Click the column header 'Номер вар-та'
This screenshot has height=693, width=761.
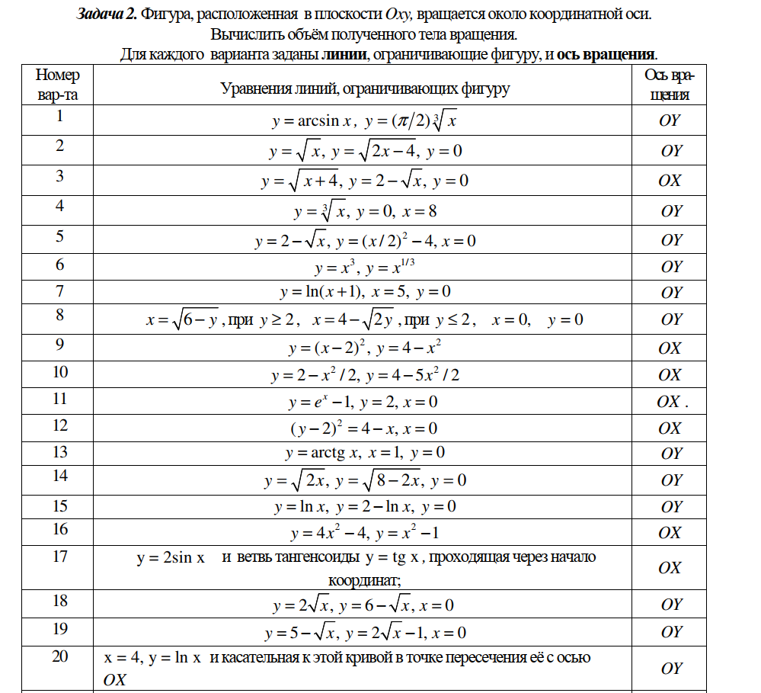[x=57, y=85]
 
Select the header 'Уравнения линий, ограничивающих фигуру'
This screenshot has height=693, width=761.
[x=365, y=89]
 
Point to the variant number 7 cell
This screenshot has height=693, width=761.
[x=59, y=291]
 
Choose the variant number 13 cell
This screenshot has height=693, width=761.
[x=59, y=452]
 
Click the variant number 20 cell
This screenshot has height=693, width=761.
[x=59, y=656]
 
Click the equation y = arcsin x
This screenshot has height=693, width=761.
[x=312, y=121]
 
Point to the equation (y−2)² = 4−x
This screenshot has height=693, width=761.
[x=339, y=428]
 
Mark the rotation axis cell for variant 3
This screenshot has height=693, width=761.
[x=670, y=181]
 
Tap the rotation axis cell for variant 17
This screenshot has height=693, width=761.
[x=670, y=568]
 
